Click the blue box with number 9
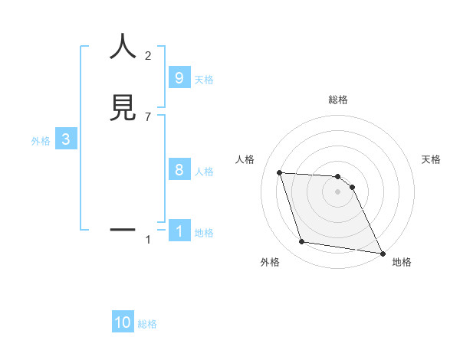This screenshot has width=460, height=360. (x=179, y=78)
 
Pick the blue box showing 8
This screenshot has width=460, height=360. (x=179, y=170)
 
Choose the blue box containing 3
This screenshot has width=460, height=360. (x=66, y=139)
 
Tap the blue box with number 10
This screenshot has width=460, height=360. (x=123, y=322)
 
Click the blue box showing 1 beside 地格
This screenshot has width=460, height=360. (x=179, y=231)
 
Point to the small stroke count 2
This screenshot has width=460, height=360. (x=148, y=55)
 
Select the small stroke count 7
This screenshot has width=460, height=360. (x=148, y=116)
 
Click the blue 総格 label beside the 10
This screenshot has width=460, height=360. (x=148, y=324)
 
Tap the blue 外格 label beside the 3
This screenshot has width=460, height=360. (x=41, y=141)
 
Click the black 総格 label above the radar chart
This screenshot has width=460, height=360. (x=338, y=100)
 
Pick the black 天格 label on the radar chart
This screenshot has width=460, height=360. (x=432, y=159)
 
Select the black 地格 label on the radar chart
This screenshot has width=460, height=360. (x=402, y=262)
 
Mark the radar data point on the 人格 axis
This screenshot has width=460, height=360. (x=279, y=172)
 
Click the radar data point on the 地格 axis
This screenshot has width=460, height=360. (x=382, y=254)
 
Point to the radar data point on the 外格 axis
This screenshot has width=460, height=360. (x=302, y=242)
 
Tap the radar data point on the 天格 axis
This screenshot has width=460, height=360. (x=352, y=187)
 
